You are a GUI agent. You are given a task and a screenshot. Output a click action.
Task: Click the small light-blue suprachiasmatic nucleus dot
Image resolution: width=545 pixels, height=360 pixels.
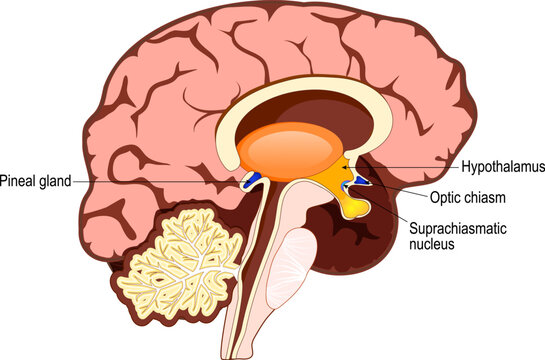pyautogui.click(x=348, y=183)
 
